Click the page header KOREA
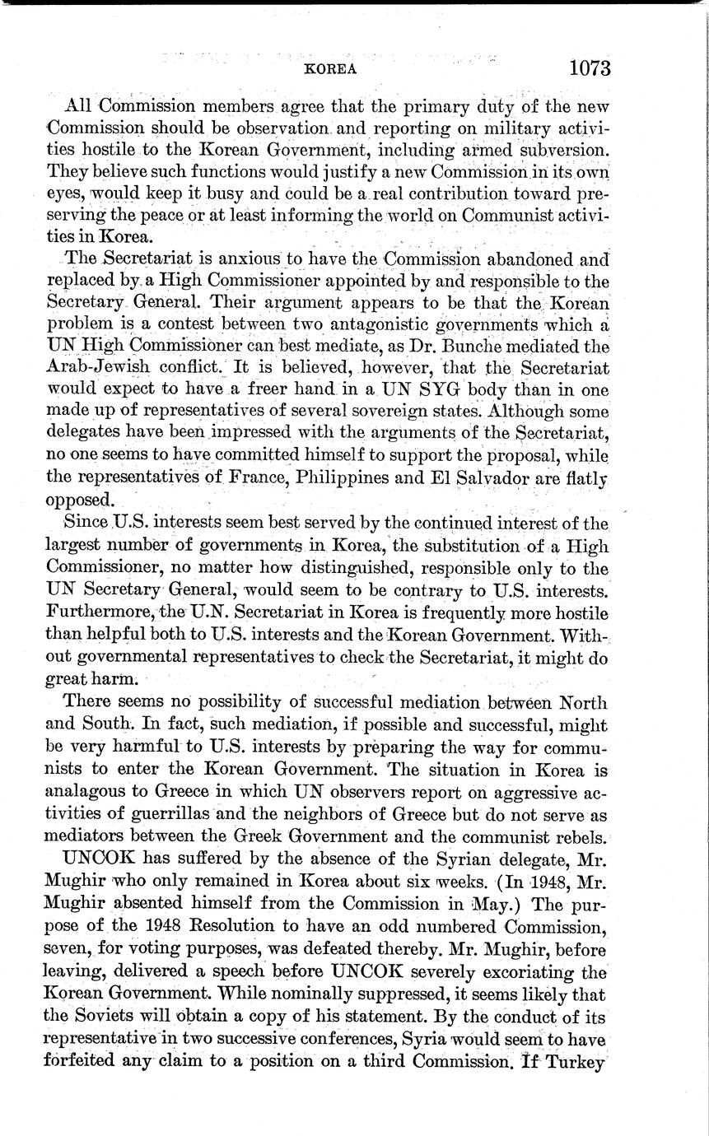click(x=330, y=69)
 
